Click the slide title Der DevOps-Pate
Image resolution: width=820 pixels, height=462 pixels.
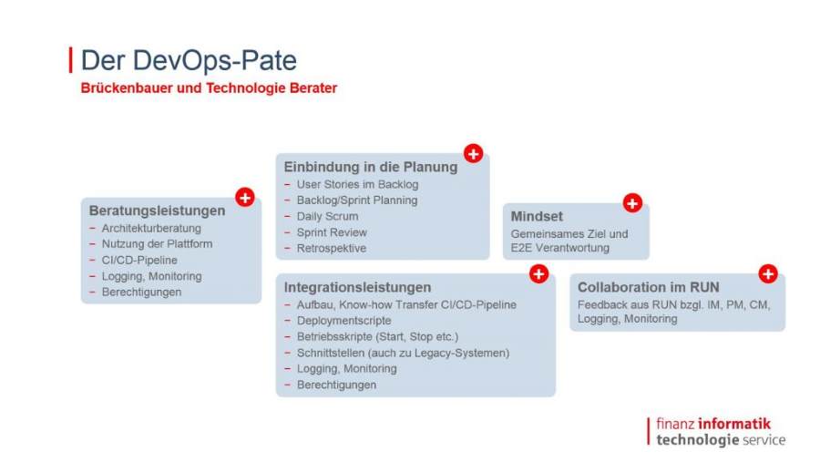pos(189,60)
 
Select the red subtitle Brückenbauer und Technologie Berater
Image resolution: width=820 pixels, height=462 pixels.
pos(209,87)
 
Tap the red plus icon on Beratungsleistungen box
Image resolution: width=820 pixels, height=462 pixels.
pos(245,197)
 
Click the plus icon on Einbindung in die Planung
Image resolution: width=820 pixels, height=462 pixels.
pos(473,153)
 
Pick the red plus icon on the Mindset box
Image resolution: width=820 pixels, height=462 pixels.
pos(632,203)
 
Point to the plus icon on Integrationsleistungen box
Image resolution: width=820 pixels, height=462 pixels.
pos(538,273)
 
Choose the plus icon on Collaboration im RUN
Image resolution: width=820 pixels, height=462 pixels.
pos(768,273)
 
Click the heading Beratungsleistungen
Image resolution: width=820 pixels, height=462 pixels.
pos(157,210)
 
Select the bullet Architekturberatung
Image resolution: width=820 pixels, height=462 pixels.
pos(151,228)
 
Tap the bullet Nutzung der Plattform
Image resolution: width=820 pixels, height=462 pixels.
pos(157,244)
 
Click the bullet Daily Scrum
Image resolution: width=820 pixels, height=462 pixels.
pos(327,216)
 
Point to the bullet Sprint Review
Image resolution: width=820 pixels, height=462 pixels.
pos(332,232)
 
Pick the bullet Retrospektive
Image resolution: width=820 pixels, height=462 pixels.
pos(332,248)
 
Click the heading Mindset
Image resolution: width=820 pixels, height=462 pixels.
pos(537,217)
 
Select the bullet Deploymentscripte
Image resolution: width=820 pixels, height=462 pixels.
pos(343,320)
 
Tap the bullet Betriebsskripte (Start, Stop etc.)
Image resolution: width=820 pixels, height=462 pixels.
pos(377,336)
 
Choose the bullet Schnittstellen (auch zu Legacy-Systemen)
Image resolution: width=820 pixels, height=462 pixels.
pos(403,353)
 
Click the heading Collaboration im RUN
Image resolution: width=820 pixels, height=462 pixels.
pos(649,287)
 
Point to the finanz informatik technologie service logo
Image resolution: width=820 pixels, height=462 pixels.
pos(716,432)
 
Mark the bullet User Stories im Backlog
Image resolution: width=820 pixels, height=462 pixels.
pos(357,184)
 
